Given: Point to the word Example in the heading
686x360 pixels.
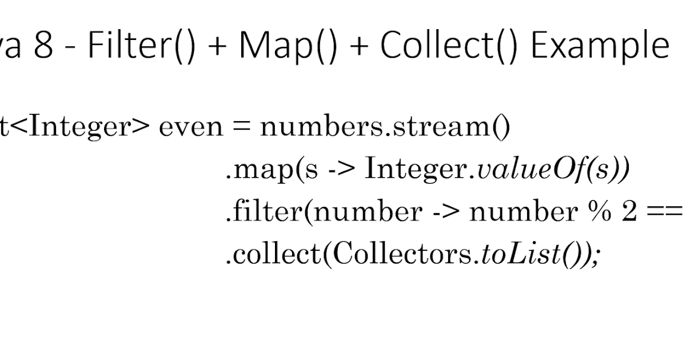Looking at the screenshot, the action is pos(600,46).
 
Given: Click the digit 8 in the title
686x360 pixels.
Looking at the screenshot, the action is pos(43,46).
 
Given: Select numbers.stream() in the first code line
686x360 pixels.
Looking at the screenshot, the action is pos(385,127).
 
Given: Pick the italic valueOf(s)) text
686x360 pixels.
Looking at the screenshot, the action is pos(552,170).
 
